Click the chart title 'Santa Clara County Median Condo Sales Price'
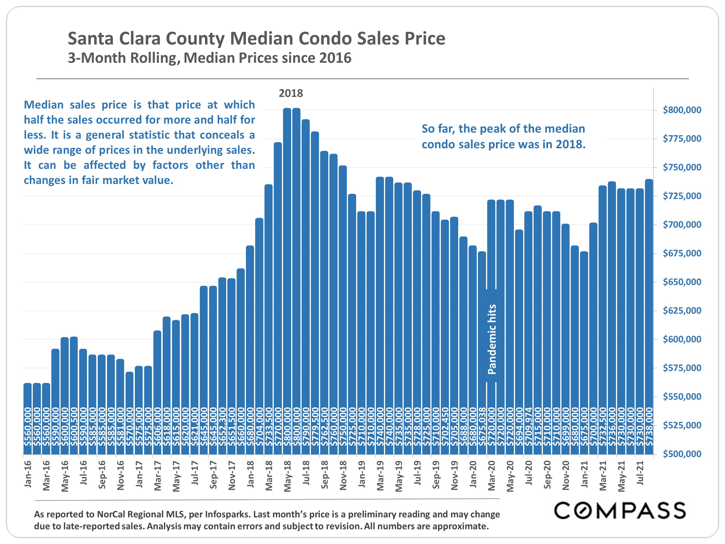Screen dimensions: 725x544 tap(256, 39)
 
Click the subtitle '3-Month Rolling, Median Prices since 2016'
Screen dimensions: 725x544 tap(209, 58)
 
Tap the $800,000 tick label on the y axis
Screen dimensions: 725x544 tap(682, 110)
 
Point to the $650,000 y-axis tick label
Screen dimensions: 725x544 tap(682, 282)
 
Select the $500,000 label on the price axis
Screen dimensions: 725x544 tap(682, 454)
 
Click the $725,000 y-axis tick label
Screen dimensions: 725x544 tap(682, 196)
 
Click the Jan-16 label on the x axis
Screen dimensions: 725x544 tap(28, 474)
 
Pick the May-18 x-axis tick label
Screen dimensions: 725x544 tap(287, 476)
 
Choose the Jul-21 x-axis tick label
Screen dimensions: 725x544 tap(640, 473)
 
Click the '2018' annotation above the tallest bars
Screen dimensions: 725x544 tap(291, 93)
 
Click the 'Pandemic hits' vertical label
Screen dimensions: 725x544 tap(492, 339)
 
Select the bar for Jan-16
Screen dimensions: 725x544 tap(28, 419)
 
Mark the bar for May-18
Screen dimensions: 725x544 tap(287, 281)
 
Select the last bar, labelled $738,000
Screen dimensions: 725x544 tap(649, 317)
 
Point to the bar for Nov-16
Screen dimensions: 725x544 tap(120, 407)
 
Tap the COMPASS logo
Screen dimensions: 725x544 tap(620, 510)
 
